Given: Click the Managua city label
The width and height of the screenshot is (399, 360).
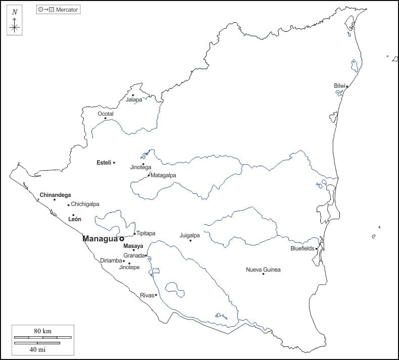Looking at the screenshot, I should (100, 239).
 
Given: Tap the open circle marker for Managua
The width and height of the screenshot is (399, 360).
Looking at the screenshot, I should (122, 239).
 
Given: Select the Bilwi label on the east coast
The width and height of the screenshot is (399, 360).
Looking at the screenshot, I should (339, 86).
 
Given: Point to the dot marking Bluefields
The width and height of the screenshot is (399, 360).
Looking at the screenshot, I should (317, 248).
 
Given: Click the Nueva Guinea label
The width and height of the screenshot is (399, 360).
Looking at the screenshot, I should (263, 270).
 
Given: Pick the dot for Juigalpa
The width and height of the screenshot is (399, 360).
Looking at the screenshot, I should (190, 240).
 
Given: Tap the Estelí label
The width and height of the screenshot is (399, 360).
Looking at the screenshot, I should (104, 163).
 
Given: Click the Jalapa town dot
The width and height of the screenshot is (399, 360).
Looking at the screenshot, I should (133, 95).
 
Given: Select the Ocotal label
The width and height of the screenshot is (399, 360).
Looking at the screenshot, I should (106, 114).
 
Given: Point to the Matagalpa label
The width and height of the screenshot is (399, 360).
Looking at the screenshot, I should (163, 175).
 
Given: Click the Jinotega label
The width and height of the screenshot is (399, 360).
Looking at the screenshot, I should (140, 167).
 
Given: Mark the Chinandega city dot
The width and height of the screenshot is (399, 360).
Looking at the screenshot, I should (55, 200).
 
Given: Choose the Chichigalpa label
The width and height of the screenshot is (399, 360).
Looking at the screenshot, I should (85, 204).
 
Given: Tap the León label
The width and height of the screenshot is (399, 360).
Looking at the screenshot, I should (74, 219).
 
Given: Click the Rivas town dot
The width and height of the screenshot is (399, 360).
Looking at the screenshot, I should (156, 295).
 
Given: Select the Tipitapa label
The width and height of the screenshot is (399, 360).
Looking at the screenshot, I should (146, 233).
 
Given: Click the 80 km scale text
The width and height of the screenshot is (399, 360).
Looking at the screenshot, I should (43, 331).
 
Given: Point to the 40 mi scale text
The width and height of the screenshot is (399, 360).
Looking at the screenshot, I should (37, 349).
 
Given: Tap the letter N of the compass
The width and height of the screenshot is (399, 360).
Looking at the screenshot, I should (15, 12).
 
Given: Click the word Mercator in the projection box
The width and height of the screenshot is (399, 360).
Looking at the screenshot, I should (67, 10).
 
